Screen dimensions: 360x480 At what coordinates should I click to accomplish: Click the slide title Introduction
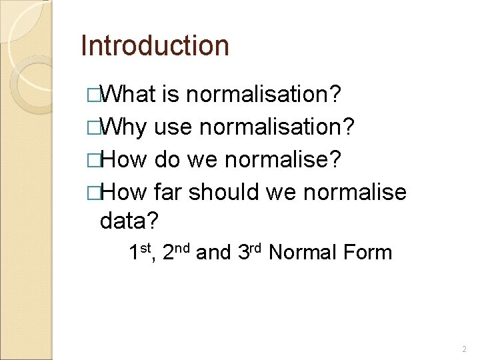coord(155,46)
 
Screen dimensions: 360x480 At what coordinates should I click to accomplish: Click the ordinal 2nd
coord(177,251)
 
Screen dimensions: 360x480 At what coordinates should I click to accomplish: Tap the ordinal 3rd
coord(250,251)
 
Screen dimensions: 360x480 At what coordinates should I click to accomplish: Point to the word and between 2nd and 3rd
coord(214,252)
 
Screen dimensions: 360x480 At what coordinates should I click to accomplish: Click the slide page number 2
coord(463,349)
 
